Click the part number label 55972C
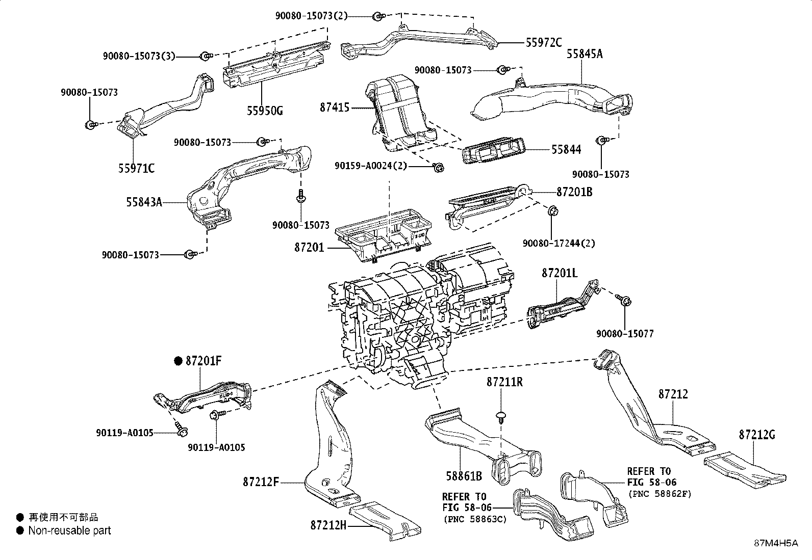(544, 43)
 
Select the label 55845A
(585, 54)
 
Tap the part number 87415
(335, 108)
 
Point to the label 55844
(566, 150)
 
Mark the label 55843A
(144, 202)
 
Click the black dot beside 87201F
(178, 361)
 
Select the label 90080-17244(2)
(559, 244)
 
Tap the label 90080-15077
(625, 334)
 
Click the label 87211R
(504, 382)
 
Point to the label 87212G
(757, 435)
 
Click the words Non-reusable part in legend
(69, 530)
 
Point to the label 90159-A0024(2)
(371, 166)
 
